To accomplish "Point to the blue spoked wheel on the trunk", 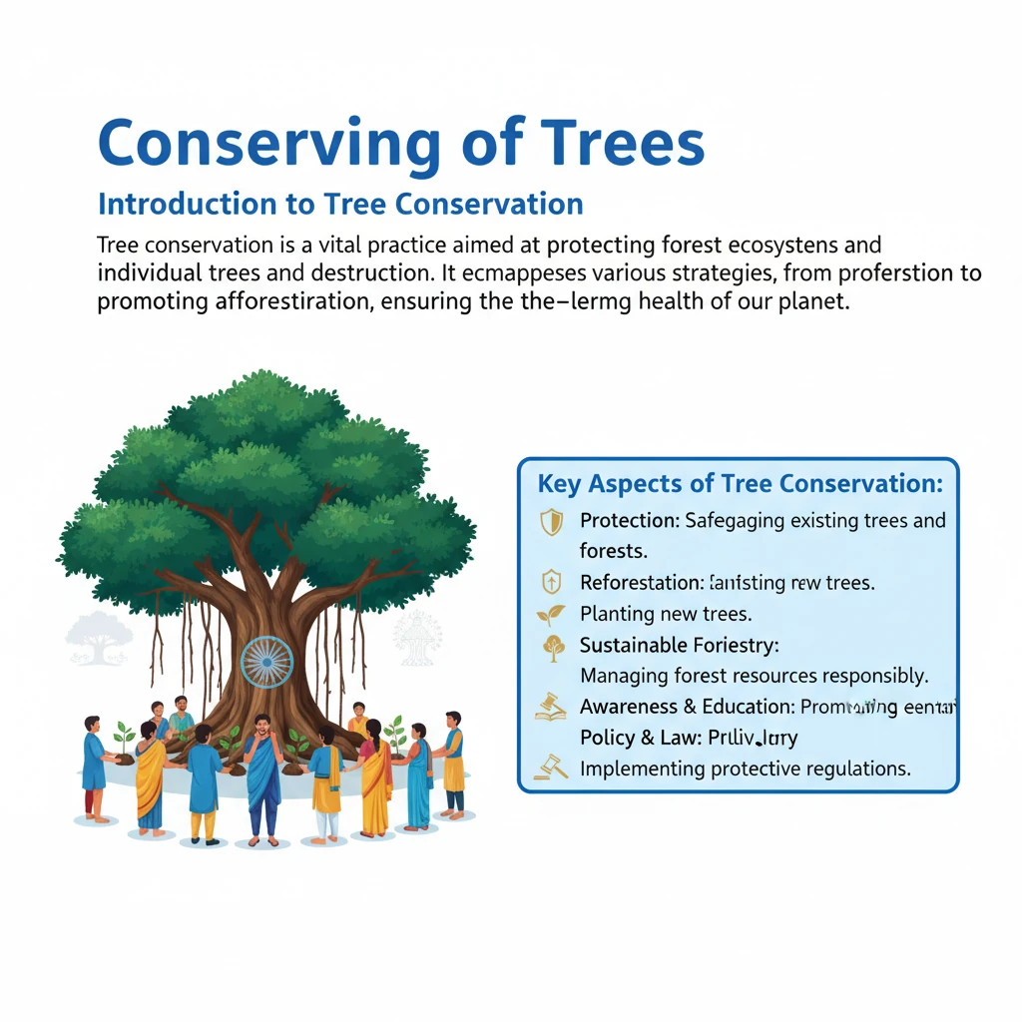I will click(266, 661).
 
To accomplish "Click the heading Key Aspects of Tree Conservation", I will click(740, 484).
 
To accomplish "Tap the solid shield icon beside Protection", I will click(551, 522).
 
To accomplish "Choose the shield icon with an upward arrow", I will click(551, 583).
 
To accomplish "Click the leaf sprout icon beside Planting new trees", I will click(551, 614).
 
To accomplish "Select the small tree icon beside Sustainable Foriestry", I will click(551, 647).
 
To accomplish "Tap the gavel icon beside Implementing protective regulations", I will click(551, 768).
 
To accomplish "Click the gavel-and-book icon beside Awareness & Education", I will click(551, 708).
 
